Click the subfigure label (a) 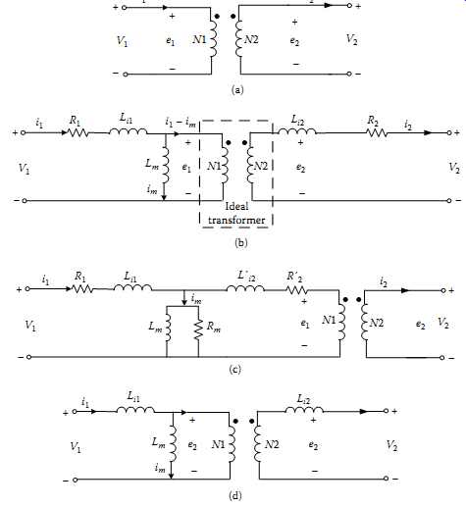(x=237, y=90)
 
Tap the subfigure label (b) (x=241, y=243)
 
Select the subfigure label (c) (x=235, y=370)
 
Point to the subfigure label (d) (x=235, y=495)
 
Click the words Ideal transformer (x=236, y=213)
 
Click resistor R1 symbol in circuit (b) (x=78, y=132)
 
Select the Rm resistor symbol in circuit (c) (x=198, y=330)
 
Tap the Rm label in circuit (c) (x=213, y=327)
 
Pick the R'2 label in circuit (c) (x=294, y=278)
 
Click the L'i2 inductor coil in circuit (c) (x=245, y=288)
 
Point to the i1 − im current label (x=181, y=123)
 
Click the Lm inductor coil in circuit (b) (x=165, y=165)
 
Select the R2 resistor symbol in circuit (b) (x=377, y=132)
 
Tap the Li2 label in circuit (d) (x=304, y=399)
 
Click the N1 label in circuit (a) (x=199, y=39)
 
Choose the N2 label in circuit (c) (x=377, y=324)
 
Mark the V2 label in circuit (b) (x=454, y=168)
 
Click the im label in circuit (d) (x=160, y=468)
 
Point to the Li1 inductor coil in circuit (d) (x=135, y=410)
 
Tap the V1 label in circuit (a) (x=123, y=41)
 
